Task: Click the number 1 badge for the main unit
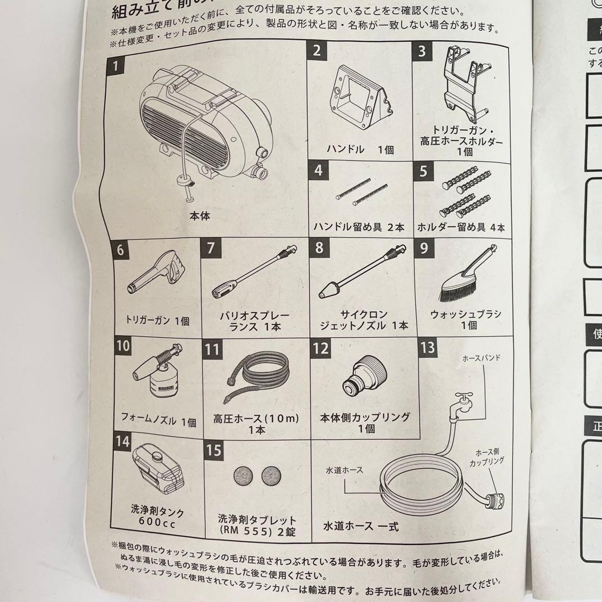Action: (x=115, y=67)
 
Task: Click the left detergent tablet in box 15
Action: (x=243, y=475)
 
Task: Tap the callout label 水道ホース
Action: (x=344, y=470)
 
